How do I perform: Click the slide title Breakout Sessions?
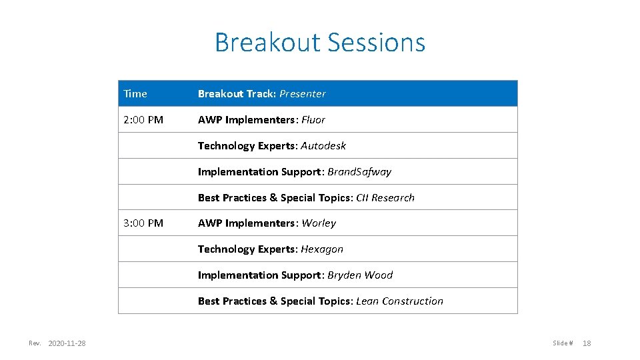pos(319,43)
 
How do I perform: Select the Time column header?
pos(135,94)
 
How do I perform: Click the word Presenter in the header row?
pos(303,94)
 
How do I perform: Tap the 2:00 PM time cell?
pos(143,120)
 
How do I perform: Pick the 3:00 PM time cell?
pos(143,223)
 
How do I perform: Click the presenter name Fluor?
pos(313,120)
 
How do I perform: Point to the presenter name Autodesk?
pos(323,146)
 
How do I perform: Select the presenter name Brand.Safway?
pos(359,172)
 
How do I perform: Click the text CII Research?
pos(385,198)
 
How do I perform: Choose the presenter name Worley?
pos(319,223)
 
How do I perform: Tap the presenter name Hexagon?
pos(322,249)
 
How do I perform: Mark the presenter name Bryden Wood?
pos(360,275)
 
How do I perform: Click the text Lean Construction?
pos(399,301)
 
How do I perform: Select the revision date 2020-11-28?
pos(67,343)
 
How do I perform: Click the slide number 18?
pos(587,343)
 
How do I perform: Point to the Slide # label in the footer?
pos(563,343)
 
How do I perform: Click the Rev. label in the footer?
pos(35,343)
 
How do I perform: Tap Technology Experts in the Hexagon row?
pos(246,249)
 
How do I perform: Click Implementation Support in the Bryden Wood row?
pos(259,275)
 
